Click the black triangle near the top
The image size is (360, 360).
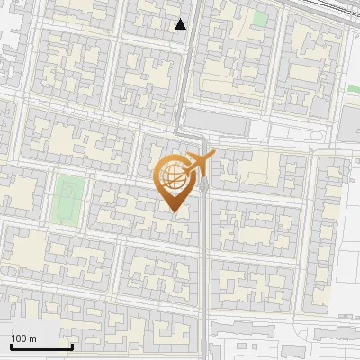181,24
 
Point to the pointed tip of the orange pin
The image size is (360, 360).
175,211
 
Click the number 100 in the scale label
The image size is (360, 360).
18,337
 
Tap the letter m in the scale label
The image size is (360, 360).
32,337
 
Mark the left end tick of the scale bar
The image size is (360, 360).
12,345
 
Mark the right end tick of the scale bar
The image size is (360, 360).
72,345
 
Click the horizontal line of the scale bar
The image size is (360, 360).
41,347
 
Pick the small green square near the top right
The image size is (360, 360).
260,18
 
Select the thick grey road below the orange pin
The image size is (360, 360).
206,270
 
